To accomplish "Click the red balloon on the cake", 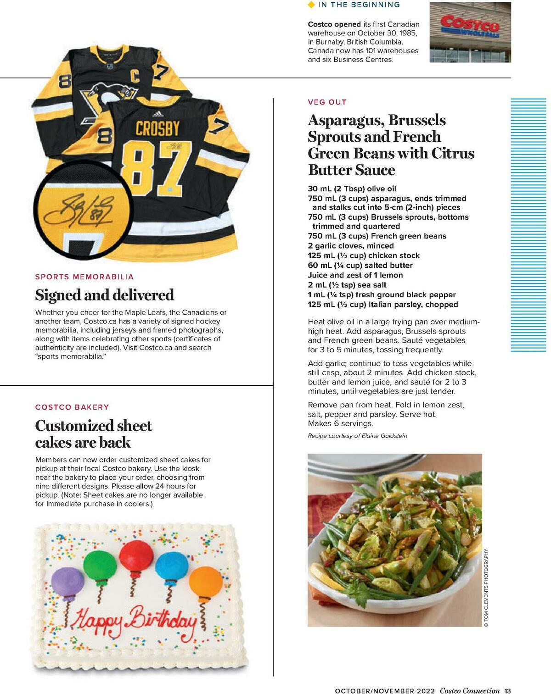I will click(136, 555).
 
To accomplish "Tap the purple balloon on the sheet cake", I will click(68, 581).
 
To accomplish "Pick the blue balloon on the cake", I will click(171, 566).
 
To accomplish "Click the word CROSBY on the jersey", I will click(157, 129).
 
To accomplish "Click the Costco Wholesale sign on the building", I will click(470, 25).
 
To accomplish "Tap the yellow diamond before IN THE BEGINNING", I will click(311, 5).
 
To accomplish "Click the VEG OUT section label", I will click(327, 102).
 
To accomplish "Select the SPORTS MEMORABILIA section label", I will click(84, 277).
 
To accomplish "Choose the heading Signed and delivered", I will click(105, 295).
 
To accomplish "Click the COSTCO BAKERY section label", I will click(72, 407).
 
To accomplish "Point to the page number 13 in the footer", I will click(507, 691).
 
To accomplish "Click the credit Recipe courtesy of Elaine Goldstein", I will click(357, 436).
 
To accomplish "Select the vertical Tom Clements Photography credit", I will click(486, 588).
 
